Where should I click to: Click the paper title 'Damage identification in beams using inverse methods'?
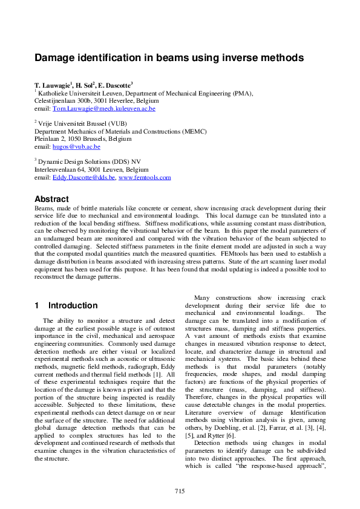(168, 58)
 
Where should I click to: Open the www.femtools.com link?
(145, 178)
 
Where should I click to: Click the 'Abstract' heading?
(51, 199)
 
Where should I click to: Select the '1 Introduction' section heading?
(66, 305)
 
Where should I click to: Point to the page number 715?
(180, 491)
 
